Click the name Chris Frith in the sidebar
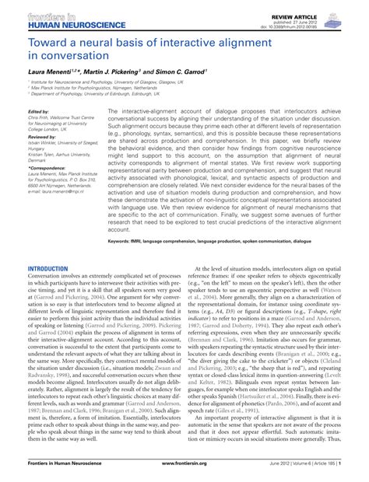pos(40,118)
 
